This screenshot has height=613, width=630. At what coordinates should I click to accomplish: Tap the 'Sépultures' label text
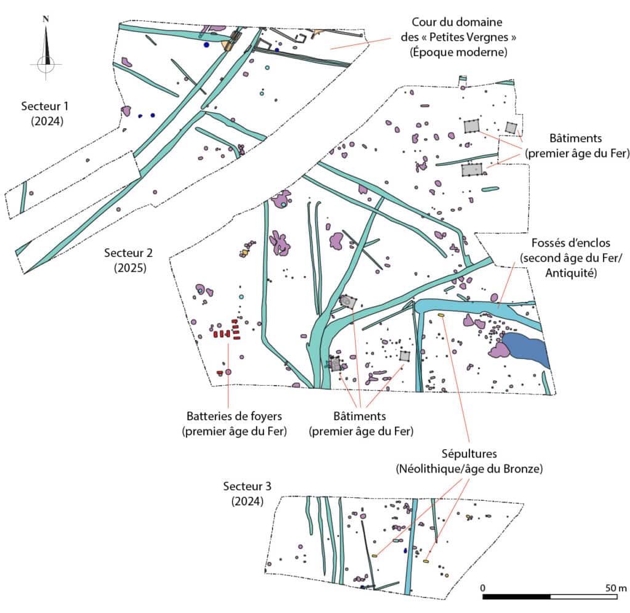click(x=468, y=455)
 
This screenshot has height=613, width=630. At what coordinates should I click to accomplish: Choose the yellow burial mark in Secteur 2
click(x=441, y=315)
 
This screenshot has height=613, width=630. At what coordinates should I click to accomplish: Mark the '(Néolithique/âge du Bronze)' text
click(x=469, y=469)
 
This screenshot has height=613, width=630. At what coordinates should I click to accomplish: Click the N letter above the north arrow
click(x=46, y=18)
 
